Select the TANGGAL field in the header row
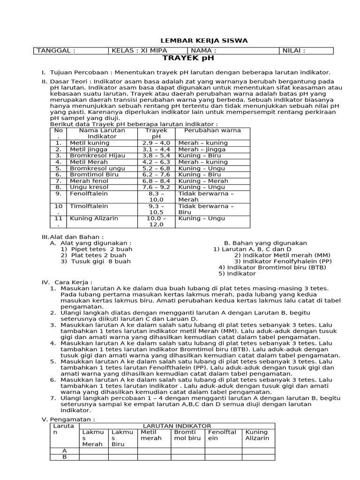pyautogui.click(x=56, y=51)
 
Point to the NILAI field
pyautogui.click(x=294, y=51)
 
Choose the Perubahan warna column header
pyautogui.click(x=206, y=130)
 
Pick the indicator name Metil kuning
pyautogui.click(x=90, y=142)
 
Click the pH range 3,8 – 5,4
pyautogui.click(x=156, y=155)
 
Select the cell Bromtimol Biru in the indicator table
pyautogui.click(x=94, y=174)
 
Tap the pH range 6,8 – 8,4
pyautogui.click(x=156, y=180)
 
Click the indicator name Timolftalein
pyautogui.click(x=89, y=206)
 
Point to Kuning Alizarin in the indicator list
pyautogui.click(x=94, y=218)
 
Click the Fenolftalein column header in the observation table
pyautogui.click(x=222, y=435)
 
